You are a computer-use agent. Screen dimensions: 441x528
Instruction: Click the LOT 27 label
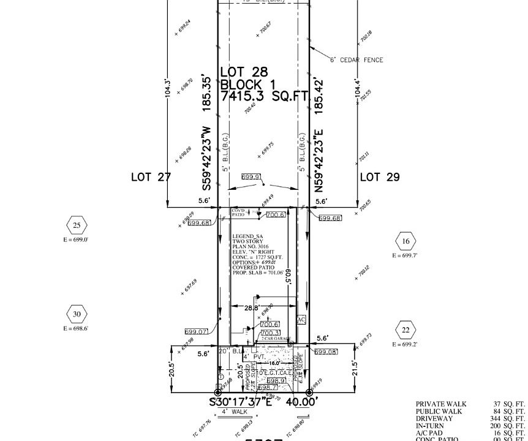click(151, 177)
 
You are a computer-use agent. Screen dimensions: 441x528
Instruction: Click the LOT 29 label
click(379, 177)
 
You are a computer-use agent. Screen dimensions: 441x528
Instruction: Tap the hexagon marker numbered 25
click(77, 225)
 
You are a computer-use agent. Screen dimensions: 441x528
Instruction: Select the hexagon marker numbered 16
click(405, 241)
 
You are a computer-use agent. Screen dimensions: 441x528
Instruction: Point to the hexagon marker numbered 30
click(77, 315)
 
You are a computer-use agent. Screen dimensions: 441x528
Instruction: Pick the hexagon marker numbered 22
click(405, 330)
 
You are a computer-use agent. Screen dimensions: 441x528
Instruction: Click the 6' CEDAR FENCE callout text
click(356, 60)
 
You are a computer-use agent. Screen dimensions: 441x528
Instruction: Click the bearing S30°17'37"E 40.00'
click(263, 402)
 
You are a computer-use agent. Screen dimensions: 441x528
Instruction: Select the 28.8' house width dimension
click(252, 307)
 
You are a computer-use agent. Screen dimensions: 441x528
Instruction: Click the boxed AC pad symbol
click(301, 320)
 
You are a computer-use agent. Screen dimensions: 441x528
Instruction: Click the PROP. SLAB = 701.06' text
click(257, 273)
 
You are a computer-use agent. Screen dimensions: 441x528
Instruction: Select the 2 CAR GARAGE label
click(275, 339)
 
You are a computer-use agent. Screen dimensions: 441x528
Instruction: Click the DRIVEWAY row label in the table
click(434, 418)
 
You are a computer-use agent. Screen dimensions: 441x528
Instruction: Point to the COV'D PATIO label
click(238, 213)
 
